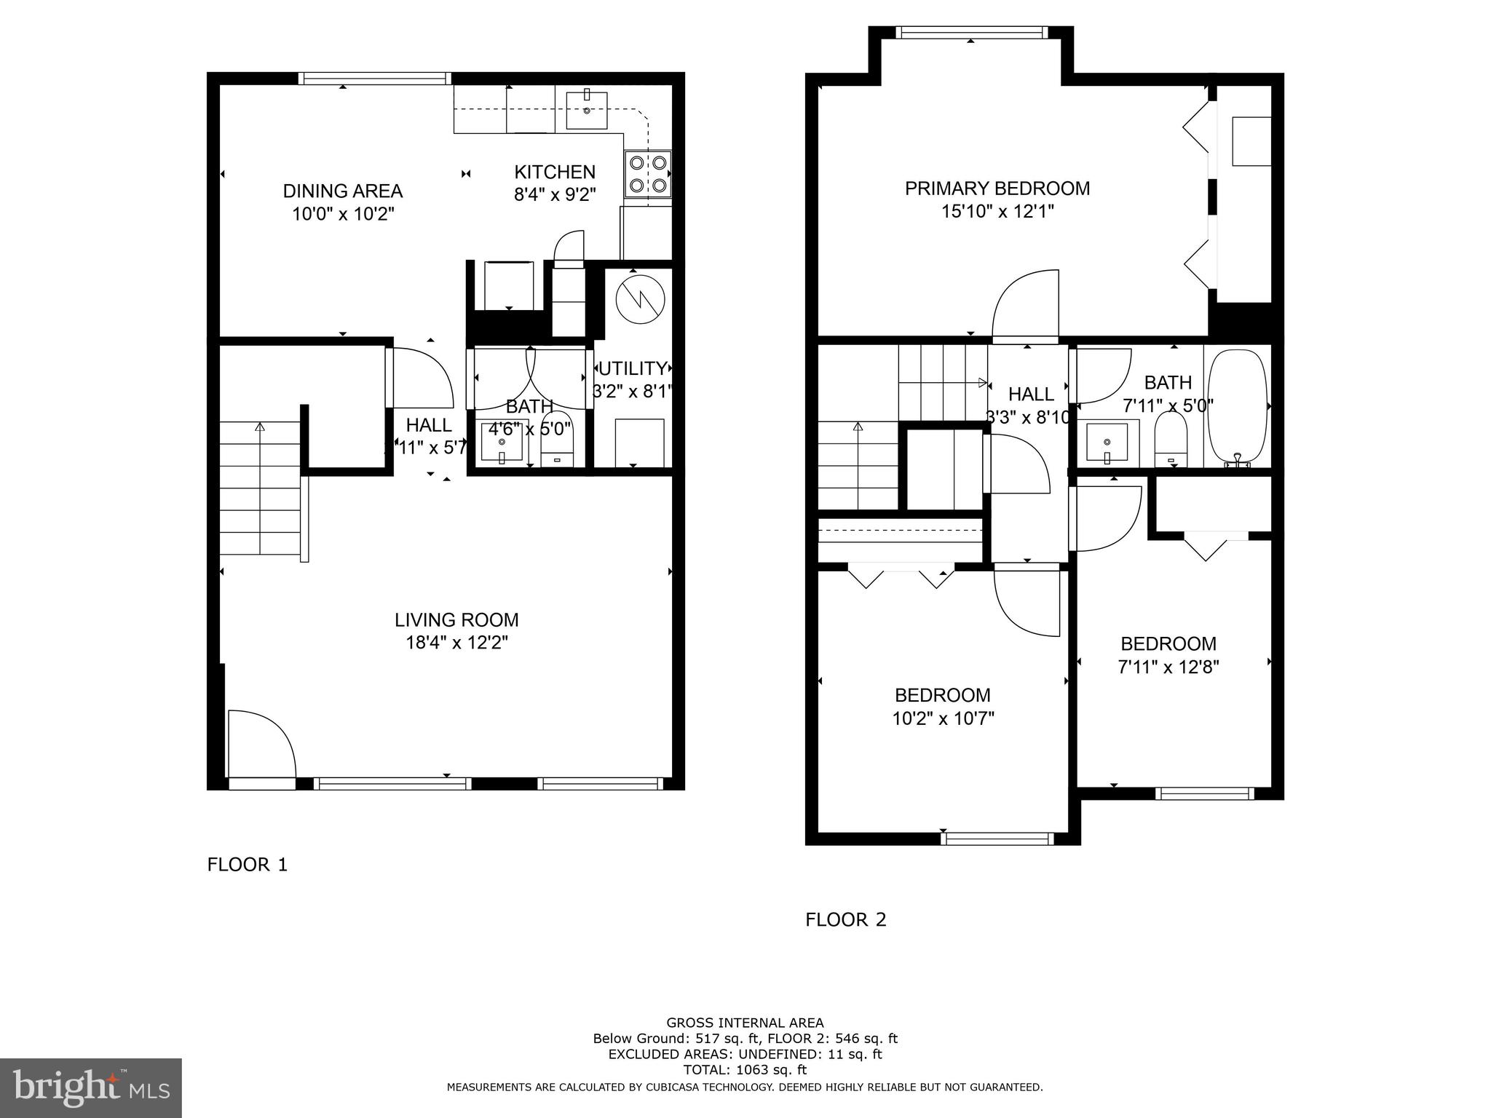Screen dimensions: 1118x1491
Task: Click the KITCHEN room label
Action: [555, 172]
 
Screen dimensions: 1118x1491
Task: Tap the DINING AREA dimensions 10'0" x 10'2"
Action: [342, 214]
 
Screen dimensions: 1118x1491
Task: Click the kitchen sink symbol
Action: [587, 110]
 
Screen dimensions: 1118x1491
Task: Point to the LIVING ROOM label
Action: [456, 620]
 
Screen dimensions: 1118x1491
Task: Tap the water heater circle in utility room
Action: [640, 299]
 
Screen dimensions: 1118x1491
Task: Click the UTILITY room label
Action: [632, 368]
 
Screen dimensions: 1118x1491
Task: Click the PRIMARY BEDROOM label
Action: [997, 189]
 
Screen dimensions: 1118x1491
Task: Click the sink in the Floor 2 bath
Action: [1107, 443]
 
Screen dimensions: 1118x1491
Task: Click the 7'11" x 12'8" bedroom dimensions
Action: [1168, 667]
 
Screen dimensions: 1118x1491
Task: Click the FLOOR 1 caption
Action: [248, 865]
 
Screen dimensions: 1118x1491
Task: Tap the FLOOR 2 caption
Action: [845, 920]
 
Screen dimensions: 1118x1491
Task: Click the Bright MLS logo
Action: [90, 1087]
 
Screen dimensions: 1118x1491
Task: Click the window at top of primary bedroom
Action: [971, 32]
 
